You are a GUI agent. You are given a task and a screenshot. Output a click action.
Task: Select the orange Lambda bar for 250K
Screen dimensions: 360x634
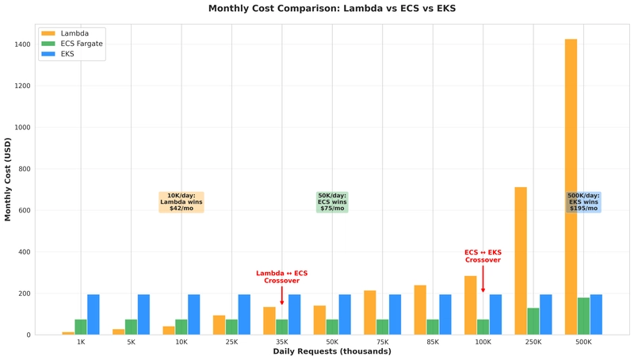(521, 261)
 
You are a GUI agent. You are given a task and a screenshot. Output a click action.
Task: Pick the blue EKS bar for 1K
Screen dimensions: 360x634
(94, 314)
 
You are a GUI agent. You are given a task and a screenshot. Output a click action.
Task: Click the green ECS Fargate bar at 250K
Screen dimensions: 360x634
(533, 321)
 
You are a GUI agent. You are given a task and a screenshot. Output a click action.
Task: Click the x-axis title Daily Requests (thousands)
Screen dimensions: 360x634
(332, 351)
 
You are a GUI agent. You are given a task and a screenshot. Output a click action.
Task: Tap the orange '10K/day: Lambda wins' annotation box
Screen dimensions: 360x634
(181, 201)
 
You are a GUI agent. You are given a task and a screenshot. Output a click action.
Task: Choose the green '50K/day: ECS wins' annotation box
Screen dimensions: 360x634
(332, 201)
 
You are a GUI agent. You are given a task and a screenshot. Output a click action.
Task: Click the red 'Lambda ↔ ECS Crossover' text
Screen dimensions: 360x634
(282, 277)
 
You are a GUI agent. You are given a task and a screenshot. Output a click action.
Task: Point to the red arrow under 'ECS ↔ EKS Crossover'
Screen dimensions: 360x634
(483, 281)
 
